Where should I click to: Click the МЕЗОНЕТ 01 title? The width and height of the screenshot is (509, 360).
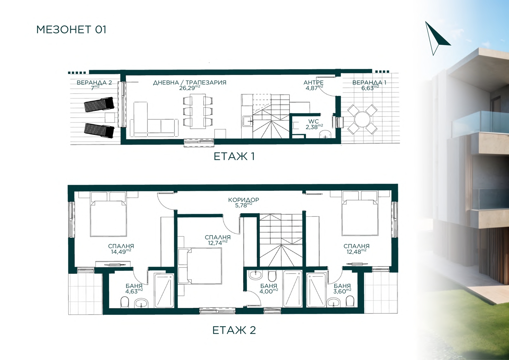coord(71,30)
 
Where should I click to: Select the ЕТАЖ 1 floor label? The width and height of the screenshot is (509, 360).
coord(234,156)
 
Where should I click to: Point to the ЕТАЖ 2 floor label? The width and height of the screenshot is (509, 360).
coord(234,330)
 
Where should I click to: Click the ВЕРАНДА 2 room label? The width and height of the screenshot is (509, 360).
coord(94,83)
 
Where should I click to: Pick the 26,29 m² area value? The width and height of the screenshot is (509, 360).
coord(190,88)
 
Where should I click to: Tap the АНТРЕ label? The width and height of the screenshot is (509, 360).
coord(314,83)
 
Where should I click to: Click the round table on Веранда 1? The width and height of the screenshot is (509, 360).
coord(362,120)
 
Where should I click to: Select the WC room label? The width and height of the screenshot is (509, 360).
coord(314,121)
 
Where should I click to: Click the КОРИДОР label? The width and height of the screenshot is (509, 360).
coord(243,200)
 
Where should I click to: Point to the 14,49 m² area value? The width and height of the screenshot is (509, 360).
coord(121,251)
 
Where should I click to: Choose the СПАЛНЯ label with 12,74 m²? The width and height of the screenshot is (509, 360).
coord(218,237)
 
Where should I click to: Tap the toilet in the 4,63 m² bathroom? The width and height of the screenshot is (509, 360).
coord(124,302)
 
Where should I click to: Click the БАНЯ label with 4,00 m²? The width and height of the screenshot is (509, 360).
coord(269,286)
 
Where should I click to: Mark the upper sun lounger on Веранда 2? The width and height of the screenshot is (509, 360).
coord(99,104)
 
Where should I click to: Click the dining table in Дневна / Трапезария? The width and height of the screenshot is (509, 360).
coord(198,111)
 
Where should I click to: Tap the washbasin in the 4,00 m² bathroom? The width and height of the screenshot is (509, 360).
coord(256,275)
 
